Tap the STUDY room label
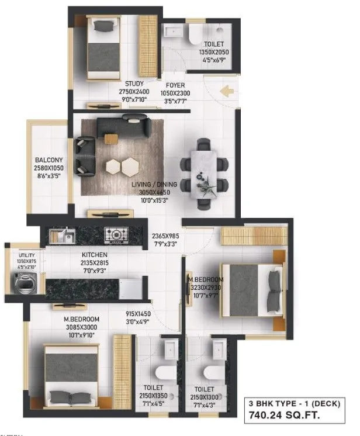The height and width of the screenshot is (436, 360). [x=134, y=84]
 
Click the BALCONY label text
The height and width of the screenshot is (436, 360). [x=49, y=160]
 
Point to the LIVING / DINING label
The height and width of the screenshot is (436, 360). [x=154, y=185]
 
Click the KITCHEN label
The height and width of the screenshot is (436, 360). [x=94, y=255]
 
